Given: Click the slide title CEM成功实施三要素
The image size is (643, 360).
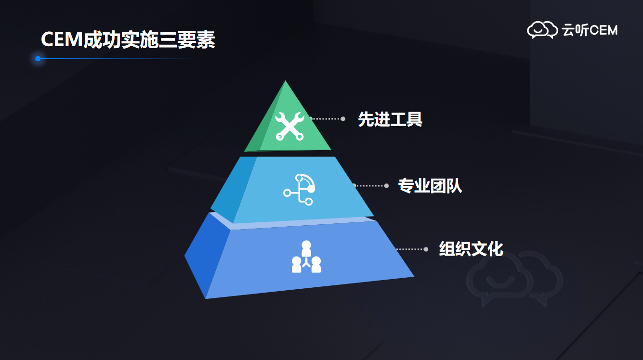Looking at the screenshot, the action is [128, 39].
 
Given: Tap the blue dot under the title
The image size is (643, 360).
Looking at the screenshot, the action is [38, 59].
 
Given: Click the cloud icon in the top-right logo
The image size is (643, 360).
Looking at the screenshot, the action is [542, 29].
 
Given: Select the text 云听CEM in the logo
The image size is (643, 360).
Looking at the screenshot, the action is [590, 30].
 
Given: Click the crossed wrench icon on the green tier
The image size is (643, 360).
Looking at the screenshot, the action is [289, 126].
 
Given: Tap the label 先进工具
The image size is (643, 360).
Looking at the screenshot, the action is [390, 119].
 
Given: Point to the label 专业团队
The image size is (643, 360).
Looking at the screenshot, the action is [430, 186].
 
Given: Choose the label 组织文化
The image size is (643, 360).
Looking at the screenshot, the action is [471, 249].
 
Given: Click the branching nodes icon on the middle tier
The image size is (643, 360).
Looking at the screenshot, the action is [299, 189].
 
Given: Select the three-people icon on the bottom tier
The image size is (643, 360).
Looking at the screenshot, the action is [306, 257].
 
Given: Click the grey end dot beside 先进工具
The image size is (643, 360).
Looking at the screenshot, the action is [343, 119].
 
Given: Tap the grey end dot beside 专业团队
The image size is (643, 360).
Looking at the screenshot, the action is [386, 186].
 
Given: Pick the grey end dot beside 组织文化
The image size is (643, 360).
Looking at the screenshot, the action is [426, 249].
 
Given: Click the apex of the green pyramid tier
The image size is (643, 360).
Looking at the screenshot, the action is [285, 80].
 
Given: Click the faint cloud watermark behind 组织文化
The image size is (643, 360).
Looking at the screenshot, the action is [514, 278].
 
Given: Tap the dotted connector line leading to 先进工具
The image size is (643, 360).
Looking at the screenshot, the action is [327, 119].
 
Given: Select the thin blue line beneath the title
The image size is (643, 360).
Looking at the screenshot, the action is [118, 59].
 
